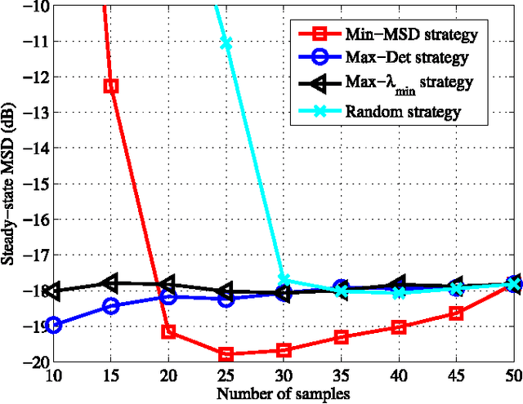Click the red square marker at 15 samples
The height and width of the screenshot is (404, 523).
point(110,86)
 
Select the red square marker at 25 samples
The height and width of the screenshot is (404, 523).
point(226,354)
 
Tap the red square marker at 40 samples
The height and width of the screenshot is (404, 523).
point(399,327)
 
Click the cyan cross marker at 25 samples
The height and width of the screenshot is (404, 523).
point(226,42)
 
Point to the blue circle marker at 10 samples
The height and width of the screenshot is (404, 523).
point(53,325)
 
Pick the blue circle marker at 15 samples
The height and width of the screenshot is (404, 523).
point(110,306)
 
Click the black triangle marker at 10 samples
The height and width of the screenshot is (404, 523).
point(53,291)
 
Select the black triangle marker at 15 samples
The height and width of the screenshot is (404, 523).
point(110,282)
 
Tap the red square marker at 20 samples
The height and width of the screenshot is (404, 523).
point(168,332)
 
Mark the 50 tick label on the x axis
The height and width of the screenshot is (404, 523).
point(513,375)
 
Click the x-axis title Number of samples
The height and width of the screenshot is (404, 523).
point(284,393)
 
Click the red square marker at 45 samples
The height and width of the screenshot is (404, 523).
point(456,313)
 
